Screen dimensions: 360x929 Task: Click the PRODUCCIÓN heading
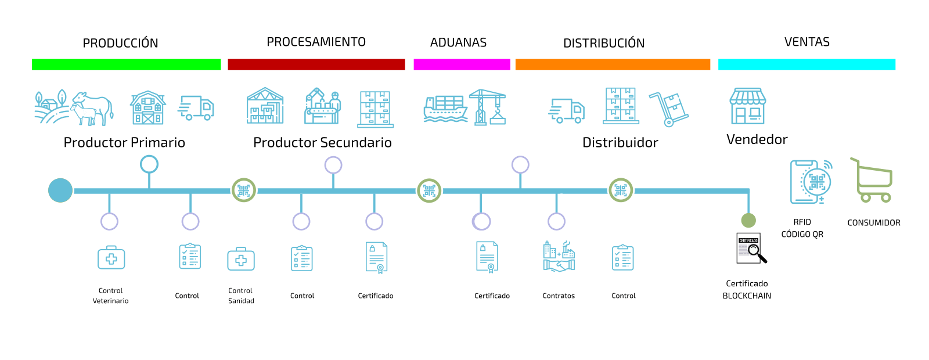[120, 43]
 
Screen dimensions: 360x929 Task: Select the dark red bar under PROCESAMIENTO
[316, 64]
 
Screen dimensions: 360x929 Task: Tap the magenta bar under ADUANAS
[462, 64]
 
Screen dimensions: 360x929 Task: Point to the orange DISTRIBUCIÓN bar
[613, 64]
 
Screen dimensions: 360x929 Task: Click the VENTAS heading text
[806, 42]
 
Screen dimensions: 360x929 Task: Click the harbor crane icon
[488, 107]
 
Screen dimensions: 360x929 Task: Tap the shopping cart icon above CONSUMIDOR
[872, 181]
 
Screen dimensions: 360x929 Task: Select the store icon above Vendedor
[748, 106]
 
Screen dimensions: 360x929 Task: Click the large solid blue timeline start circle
[60, 190]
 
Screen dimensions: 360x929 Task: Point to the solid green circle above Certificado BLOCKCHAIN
[748, 221]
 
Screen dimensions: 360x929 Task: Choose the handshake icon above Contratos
[559, 257]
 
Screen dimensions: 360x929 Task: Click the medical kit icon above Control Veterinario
[111, 257]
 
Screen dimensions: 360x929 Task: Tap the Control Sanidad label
[241, 296]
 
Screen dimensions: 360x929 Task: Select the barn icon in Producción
[148, 108]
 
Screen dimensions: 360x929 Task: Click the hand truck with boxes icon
[669, 109]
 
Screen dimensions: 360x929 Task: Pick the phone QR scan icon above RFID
[811, 182]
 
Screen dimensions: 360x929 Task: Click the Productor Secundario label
[322, 142]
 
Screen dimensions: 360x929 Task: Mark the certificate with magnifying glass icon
[751, 249]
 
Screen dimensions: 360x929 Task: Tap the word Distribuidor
[620, 142]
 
